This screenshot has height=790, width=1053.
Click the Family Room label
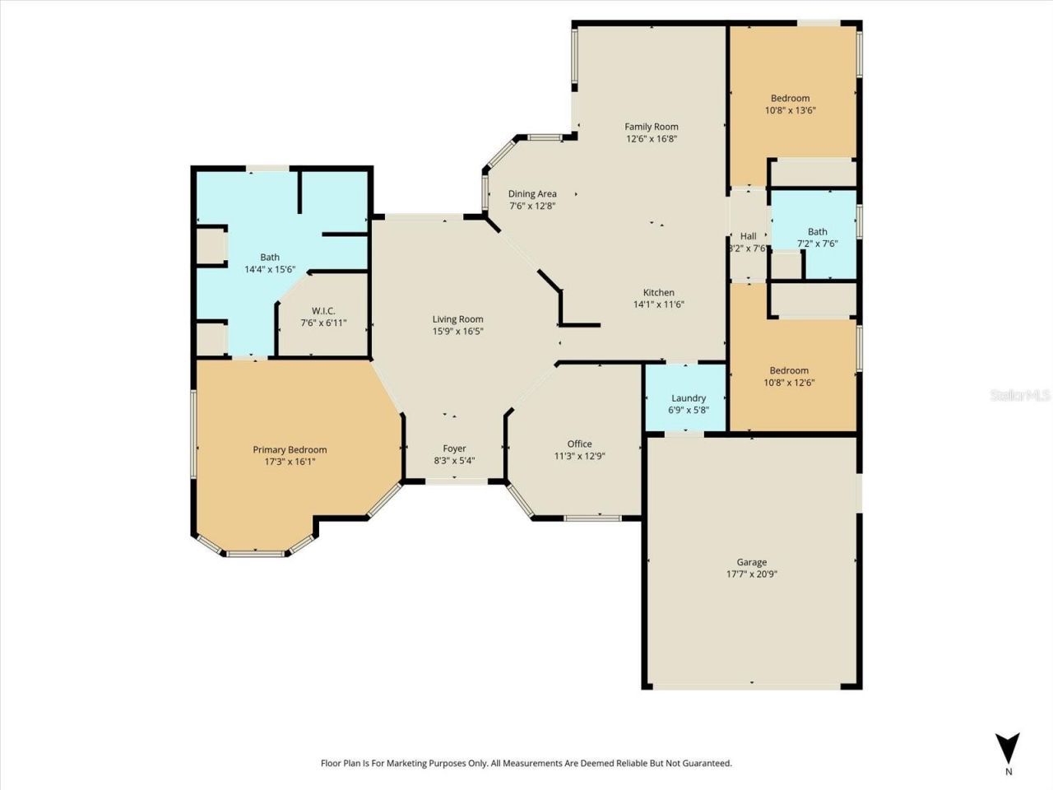click(x=651, y=127)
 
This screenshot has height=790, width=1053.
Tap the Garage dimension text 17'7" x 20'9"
click(x=751, y=574)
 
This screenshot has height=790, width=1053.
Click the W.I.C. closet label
click(x=323, y=311)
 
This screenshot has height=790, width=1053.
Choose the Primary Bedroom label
click(x=290, y=450)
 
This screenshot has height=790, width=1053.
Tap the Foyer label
click(x=454, y=448)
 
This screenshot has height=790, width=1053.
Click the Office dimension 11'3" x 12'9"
click(x=579, y=456)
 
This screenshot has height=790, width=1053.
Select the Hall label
click(x=748, y=236)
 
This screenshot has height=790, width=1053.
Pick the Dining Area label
click(x=532, y=194)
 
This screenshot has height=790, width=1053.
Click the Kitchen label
click(x=658, y=292)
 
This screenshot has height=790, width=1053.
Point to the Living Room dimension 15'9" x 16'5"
click(x=458, y=332)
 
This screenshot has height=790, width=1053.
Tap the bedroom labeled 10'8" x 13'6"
click(x=790, y=105)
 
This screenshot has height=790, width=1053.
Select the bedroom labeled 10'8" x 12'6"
click(x=790, y=376)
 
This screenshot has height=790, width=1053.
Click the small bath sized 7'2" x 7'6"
click(x=817, y=238)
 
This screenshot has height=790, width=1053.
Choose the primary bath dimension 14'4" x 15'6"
click(x=270, y=269)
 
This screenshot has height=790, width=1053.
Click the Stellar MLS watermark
click(x=1020, y=396)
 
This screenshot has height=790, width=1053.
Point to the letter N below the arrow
click(x=1009, y=772)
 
